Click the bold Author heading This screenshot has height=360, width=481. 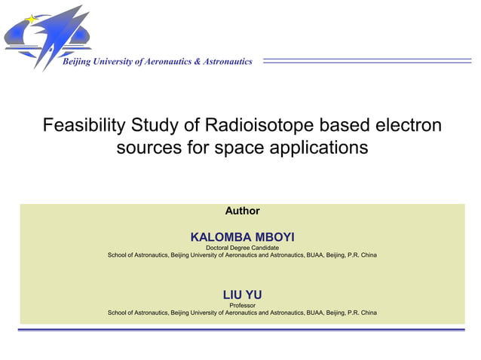tap(242, 211)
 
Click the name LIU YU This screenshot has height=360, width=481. tap(242, 294)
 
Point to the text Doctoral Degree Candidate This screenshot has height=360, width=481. tap(242, 248)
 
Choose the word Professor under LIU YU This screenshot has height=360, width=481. tap(242, 304)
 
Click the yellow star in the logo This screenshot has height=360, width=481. tap(31, 19)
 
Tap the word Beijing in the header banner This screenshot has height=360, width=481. tap(78, 62)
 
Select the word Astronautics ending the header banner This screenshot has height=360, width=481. tap(228, 62)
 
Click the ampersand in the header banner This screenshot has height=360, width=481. tap(198, 62)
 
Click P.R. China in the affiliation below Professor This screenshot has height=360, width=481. tap(361, 312)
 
